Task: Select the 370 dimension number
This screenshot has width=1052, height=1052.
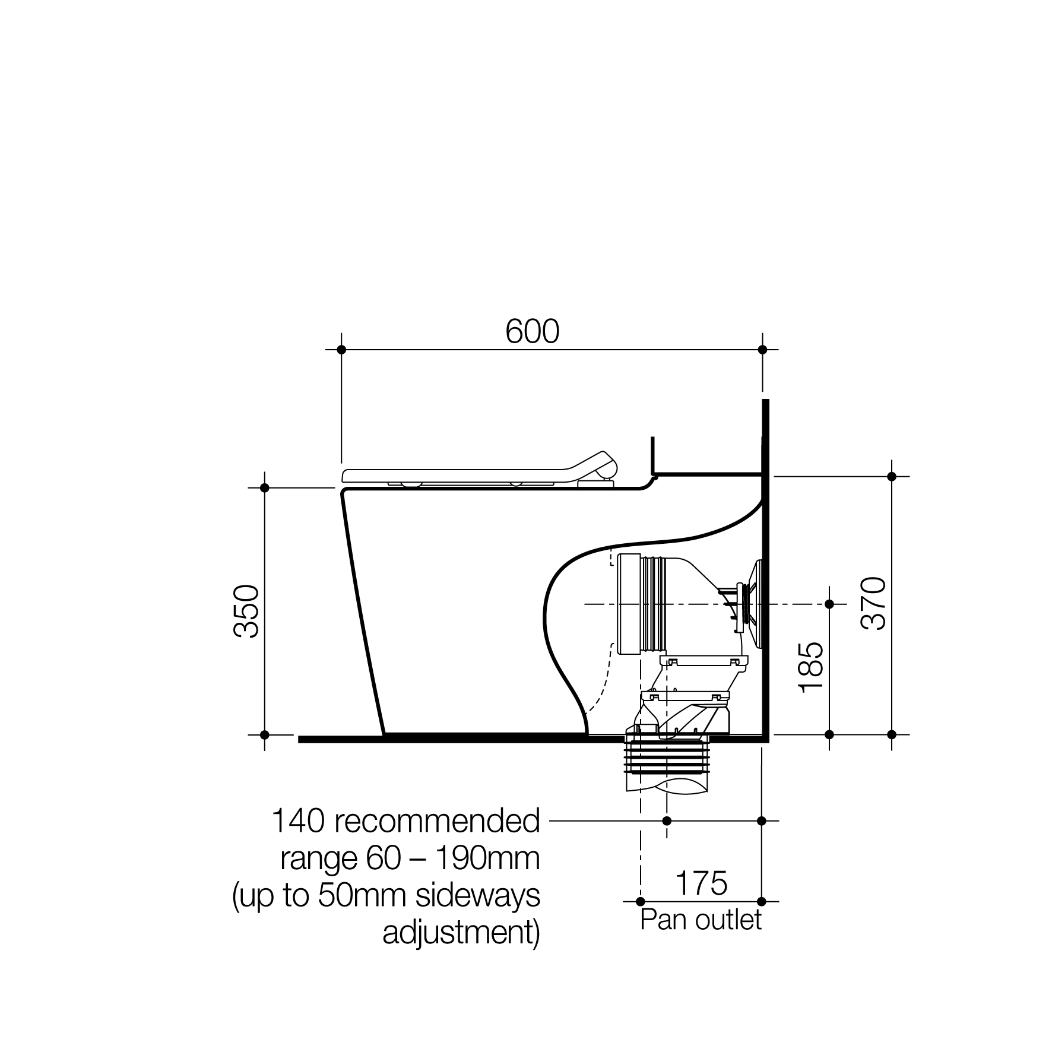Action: coord(873,603)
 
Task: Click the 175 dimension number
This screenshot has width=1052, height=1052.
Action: coord(701,883)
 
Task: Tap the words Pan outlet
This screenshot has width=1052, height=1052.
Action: coord(701,920)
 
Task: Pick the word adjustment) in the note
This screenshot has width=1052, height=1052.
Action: coord(462,934)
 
